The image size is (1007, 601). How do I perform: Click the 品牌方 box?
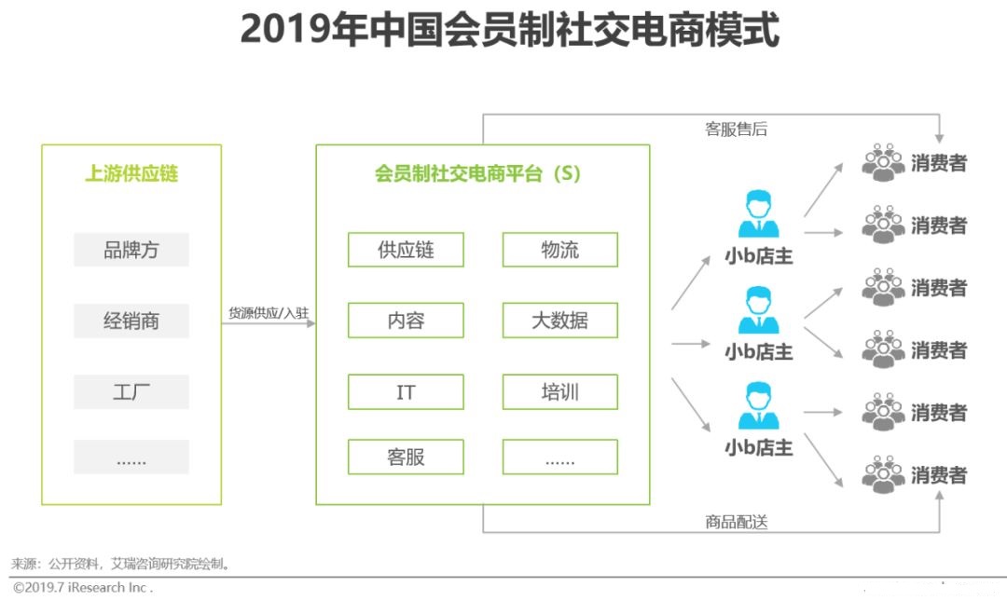pos(131,249)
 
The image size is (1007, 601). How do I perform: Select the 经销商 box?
pos(131,321)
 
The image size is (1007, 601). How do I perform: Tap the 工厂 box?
pos(131,391)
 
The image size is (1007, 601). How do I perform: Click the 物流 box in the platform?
pos(560,249)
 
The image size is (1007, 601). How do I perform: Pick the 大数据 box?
pos(560,321)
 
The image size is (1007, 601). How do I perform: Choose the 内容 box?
pos(406,321)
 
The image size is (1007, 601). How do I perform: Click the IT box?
pos(406,391)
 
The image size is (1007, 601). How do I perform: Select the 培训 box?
pos(560,391)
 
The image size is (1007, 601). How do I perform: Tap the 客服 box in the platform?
pos(406,457)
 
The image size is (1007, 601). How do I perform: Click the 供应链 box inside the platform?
pos(406,249)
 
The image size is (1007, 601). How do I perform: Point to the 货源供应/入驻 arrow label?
pos(269,313)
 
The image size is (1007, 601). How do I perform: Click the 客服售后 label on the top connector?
pos(736,130)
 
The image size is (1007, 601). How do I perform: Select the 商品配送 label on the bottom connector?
pos(736,522)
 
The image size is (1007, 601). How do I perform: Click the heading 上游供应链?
pos(131,173)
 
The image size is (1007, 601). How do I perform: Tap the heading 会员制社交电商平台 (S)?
pos(477,173)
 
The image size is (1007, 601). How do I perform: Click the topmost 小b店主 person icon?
pos(758,213)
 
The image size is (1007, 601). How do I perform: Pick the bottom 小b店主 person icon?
pos(758,406)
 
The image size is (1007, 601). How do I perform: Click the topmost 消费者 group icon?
pos(883,162)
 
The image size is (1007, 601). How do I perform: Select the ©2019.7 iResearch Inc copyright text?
pos(83,588)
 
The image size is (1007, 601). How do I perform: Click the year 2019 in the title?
pos(286,30)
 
